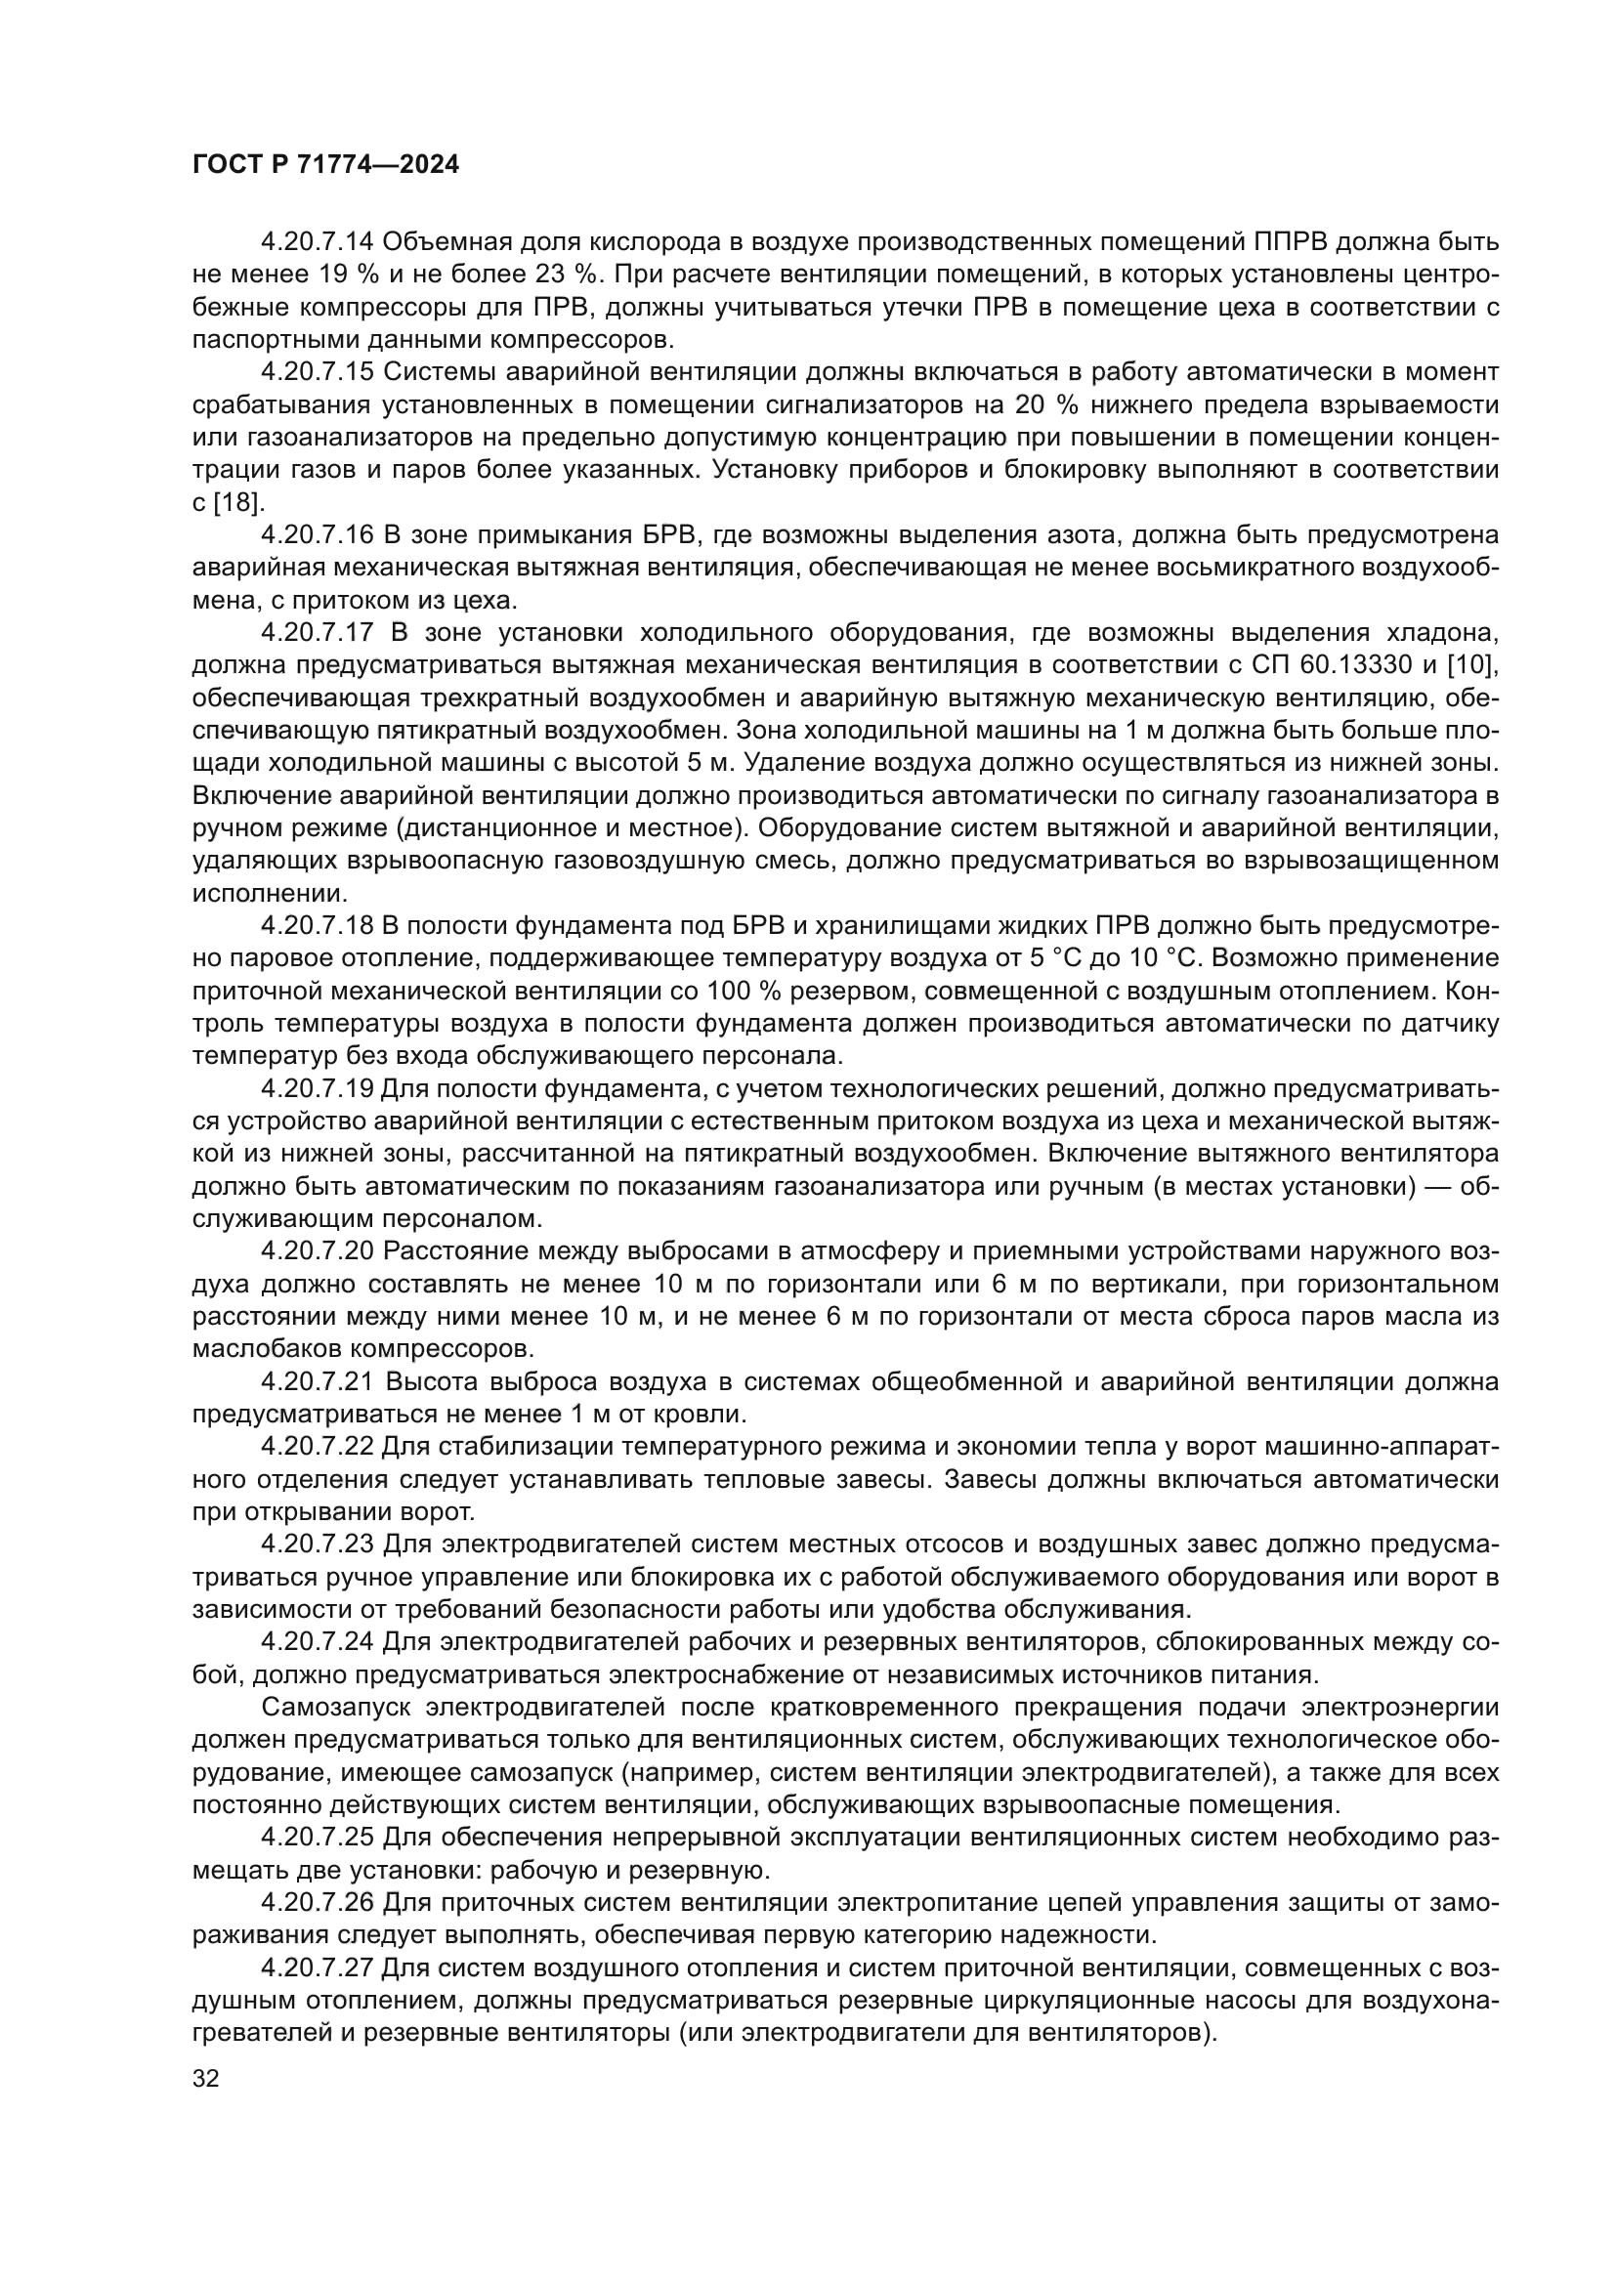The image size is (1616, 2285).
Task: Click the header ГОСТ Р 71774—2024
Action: (x=325, y=165)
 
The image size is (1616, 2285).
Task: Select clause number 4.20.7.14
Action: (x=317, y=242)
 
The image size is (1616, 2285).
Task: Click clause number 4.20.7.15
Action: (x=317, y=372)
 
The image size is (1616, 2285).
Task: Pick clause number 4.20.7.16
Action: (x=317, y=535)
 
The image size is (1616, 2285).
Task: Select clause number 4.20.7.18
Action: (x=317, y=925)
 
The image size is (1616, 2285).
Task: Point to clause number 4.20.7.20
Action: (x=317, y=1251)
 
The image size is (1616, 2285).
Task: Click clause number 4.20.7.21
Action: (x=317, y=1381)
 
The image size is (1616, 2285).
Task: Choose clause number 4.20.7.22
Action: (x=317, y=1446)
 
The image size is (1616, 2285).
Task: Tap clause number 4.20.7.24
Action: (x=317, y=1641)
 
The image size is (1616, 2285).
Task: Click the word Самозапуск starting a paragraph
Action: (x=335, y=1707)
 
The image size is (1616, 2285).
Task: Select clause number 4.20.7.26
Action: (x=317, y=1902)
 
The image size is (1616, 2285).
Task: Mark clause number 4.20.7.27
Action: (x=317, y=1968)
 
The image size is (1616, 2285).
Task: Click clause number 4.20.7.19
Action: (x=317, y=1088)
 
